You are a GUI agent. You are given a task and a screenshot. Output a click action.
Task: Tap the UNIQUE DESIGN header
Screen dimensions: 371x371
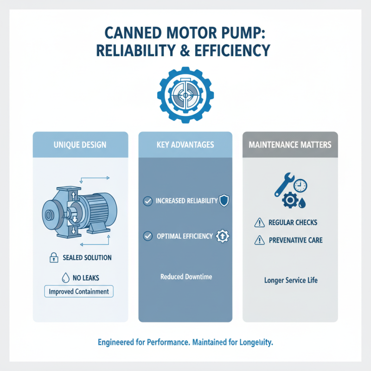(81, 145)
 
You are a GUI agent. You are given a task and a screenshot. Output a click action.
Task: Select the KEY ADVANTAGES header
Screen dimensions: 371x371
(185, 145)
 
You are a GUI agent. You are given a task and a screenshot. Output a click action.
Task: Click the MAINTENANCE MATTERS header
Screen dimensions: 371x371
(290, 145)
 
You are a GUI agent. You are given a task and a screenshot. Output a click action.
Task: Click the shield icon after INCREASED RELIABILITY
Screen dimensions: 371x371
(224, 201)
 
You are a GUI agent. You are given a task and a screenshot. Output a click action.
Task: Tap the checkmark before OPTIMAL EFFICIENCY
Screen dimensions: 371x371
(147, 236)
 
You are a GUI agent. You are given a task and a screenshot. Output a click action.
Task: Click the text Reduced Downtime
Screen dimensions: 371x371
(186, 276)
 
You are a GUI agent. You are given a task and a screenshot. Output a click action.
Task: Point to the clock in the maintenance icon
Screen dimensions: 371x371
(300, 185)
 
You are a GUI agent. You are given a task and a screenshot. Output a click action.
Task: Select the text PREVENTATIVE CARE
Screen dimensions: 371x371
(295, 240)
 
